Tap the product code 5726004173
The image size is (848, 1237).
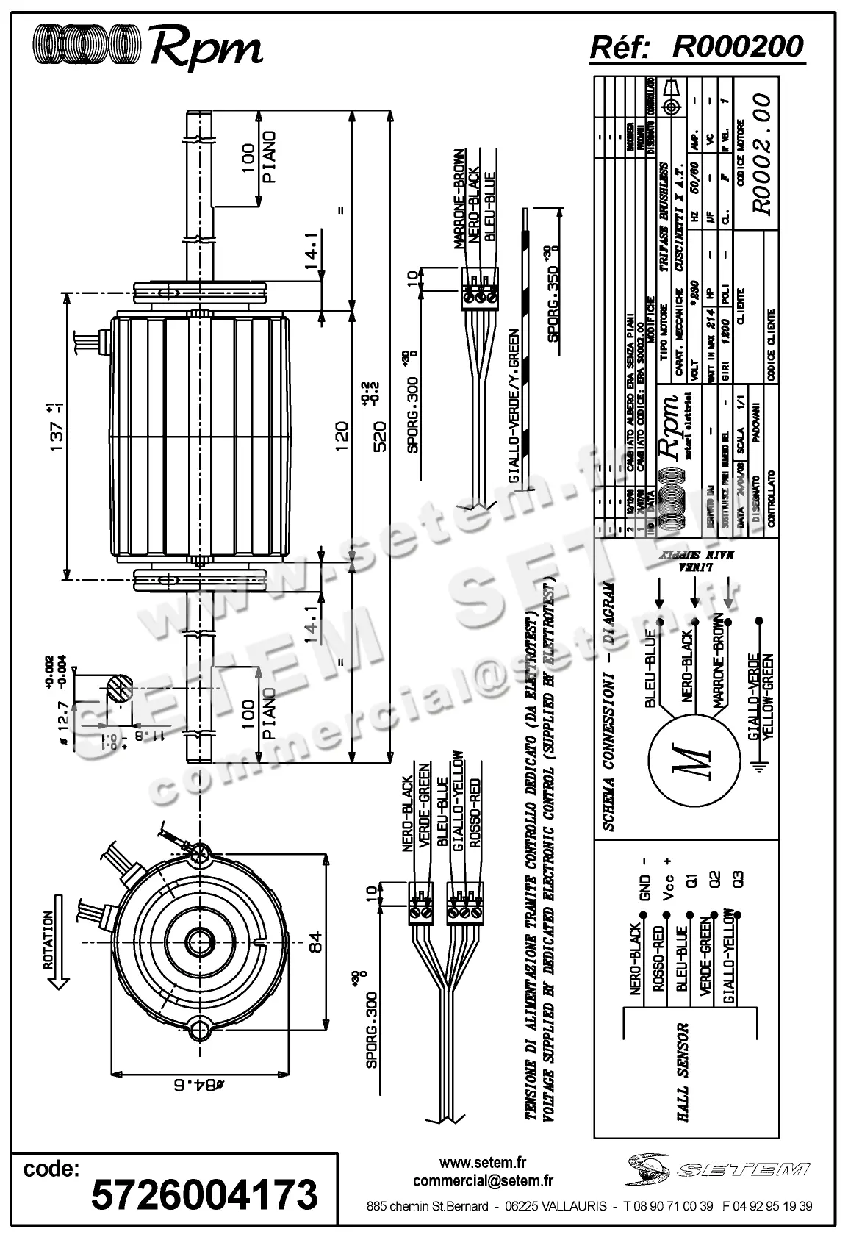coord(204,1194)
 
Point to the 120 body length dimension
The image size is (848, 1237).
coord(339,438)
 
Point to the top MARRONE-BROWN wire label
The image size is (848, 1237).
coord(459,198)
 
